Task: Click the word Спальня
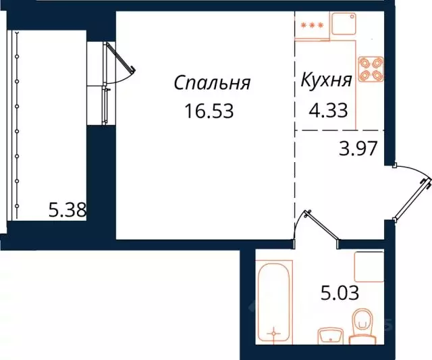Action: pyautogui.click(x=212, y=83)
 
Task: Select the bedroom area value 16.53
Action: pyautogui.click(x=209, y=111)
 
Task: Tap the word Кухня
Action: pyautogui.click(x=326, y=82)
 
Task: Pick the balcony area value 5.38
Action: pyautogui.click(x=67, y=211)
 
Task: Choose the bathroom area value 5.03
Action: pyautogui.click(x=340, y=293)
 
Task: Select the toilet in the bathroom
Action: pyautogui.click(x=363, y=323)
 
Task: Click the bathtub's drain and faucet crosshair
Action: pyautogui.click(x=273, y=333)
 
